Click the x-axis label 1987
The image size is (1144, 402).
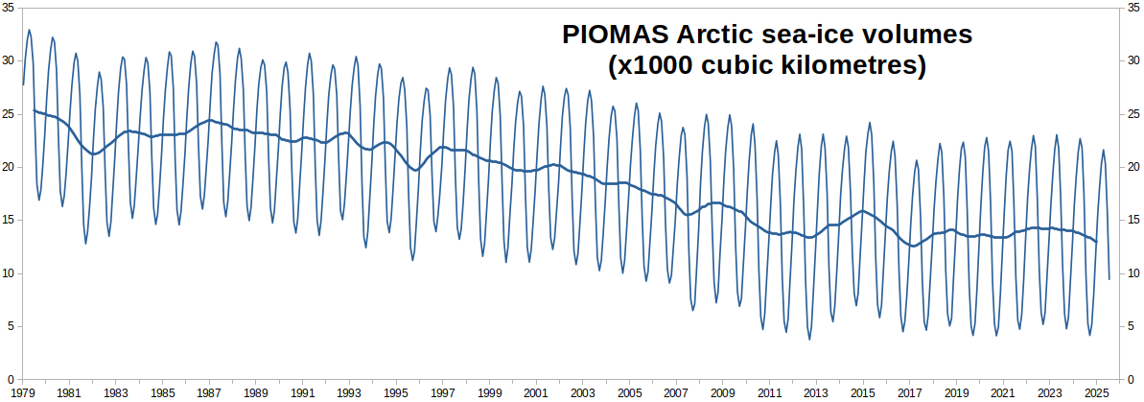[208, 393]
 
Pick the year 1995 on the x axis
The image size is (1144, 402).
[395, 393]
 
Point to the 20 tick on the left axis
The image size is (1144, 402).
[9, 167]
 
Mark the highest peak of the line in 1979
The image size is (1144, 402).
[29, 30]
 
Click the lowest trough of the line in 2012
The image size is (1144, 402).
[809, 339]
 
